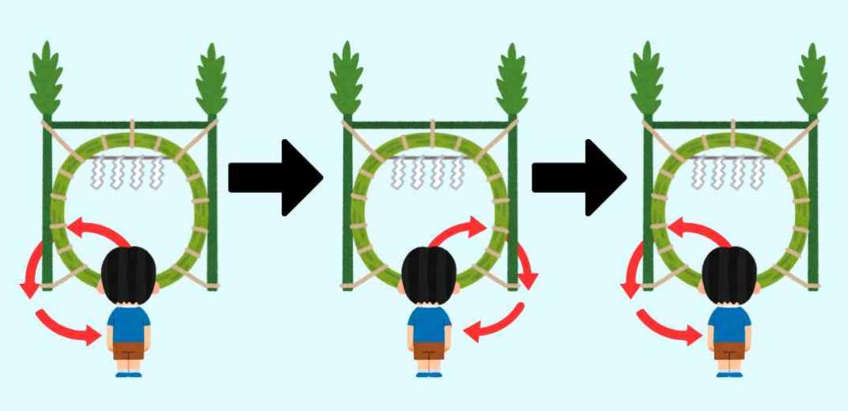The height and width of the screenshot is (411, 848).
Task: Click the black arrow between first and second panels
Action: [x=273, y=178]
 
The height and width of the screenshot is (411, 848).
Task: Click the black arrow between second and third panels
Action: [x=576, y=178]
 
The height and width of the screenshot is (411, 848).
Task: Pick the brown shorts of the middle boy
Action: [x=429, y=350]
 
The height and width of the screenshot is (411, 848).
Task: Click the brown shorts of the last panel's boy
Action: [x=729, y=350]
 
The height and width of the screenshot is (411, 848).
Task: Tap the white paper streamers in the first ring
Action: [x=128, y=173]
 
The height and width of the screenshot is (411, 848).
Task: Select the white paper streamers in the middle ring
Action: [x=428, y=173]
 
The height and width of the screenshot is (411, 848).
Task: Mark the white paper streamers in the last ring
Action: [x=729, y=173]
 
